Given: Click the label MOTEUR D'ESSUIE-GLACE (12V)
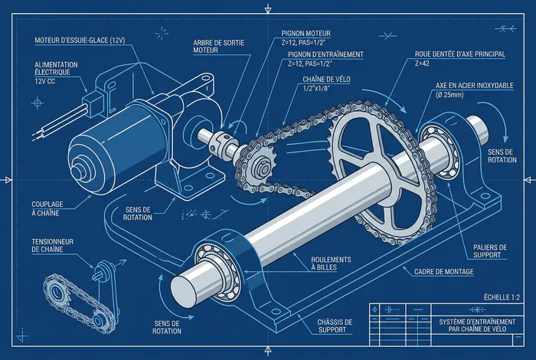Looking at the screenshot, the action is point(80,41).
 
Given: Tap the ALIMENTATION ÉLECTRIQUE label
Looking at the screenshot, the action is point(56,68).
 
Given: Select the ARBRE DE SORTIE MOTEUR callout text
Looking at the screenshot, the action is point(219,47).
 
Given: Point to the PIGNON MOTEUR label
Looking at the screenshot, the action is point(306,33).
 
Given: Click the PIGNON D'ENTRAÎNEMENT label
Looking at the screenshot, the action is point(325,54).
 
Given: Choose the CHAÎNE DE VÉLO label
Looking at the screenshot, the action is point(326,80).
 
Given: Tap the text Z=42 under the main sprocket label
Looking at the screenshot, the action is point(422,64).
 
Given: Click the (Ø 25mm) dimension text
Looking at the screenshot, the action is point(449,95).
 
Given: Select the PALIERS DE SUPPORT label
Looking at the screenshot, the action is point(490,251).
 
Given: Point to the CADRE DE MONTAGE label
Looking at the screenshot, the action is point(444,272).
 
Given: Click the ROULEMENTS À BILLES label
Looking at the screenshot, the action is point(331,263).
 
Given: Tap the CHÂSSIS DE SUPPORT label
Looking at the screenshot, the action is point(335,326).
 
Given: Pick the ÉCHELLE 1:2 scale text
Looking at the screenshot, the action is point(502,297).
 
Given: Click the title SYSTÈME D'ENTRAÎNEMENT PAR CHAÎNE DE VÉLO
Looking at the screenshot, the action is point(477,326).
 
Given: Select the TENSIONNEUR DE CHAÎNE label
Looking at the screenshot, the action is point(52,245).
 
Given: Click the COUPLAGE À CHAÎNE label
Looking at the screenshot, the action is point(47,208).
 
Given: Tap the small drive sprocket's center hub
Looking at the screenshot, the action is point(262,167).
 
